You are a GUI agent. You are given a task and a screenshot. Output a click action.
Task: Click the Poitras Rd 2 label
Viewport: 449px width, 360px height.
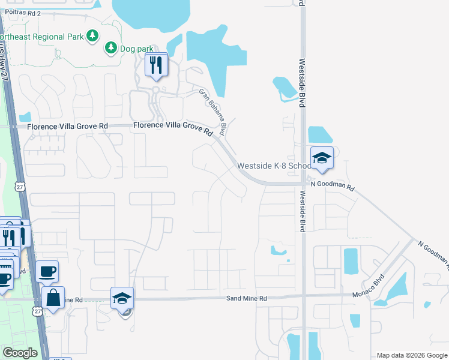(20, 13)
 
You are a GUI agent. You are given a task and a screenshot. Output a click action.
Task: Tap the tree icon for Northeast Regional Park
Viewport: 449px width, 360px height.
(92, 36)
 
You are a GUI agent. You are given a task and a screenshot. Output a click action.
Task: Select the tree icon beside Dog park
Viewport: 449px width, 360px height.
(110, 47)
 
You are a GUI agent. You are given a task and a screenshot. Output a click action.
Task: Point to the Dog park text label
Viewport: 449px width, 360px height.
(137, 48)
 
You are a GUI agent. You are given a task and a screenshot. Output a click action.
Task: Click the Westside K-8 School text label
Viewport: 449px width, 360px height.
(274, 166)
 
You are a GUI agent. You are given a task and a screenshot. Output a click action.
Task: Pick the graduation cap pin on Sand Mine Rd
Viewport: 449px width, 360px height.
(122, 299)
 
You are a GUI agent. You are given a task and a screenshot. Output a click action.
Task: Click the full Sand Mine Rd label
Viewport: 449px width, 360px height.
(246, 298)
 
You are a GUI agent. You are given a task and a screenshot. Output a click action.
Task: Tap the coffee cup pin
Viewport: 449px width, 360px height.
(47, 272)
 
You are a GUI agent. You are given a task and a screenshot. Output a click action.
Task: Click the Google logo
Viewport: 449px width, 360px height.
(20, 353)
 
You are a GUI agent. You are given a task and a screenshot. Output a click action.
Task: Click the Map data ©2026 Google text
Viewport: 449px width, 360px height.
(412, 355)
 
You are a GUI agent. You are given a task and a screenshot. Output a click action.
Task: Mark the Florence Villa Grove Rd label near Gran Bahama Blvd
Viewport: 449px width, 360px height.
(173, 127)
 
